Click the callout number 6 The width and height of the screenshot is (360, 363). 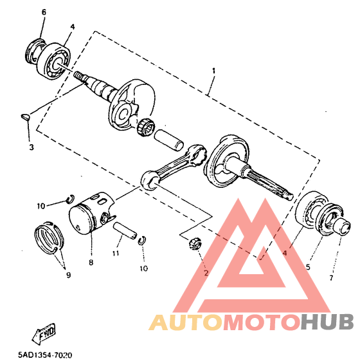(x=44, y=12)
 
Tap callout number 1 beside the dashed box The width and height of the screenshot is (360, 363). (x=214, y=71)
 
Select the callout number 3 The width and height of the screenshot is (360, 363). (x=32, y=147)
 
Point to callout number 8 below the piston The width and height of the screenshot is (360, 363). (x=91, y=263)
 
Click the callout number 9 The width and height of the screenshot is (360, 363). (x=68, y=275)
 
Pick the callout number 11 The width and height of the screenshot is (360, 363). (x=116, y=254)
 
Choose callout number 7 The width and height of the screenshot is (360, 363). (x=331, y=277)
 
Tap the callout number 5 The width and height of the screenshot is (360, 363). (x=308, y=267)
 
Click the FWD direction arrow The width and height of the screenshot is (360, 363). (x=44, y=334)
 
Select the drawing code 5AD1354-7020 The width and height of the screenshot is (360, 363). (x=45, y=355)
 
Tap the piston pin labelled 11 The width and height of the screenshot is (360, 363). (x=125, y=230)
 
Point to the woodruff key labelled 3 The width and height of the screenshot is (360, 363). (x=25, y=117)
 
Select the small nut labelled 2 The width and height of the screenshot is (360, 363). (x=195, y=244)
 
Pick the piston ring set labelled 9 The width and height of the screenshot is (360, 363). (x=50, y=236)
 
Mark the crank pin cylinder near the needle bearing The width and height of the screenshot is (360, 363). (x=169, y=140)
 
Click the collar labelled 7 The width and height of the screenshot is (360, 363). (x=343, y=226)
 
